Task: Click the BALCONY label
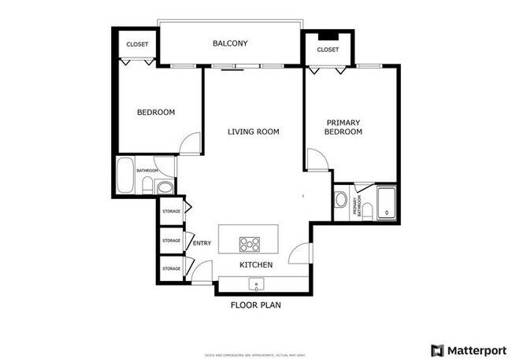point(230,43)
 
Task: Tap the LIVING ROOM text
point(253,131)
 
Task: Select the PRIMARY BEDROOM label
point(343,127)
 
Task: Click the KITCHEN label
point(256,265)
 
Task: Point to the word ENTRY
point(202,243)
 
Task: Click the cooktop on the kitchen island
point(251,243)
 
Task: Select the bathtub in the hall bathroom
point(124,176)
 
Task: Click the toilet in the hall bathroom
point(147,186)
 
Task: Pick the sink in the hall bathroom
point(164,187)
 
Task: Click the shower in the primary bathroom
point(387,202)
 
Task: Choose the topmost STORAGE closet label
point(171,212)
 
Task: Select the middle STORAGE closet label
point(171,240)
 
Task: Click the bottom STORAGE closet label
point(171,269)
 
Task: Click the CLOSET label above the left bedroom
point(137,43)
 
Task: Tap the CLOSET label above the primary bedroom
point(328,50)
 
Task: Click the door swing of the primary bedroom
point(317,160)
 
